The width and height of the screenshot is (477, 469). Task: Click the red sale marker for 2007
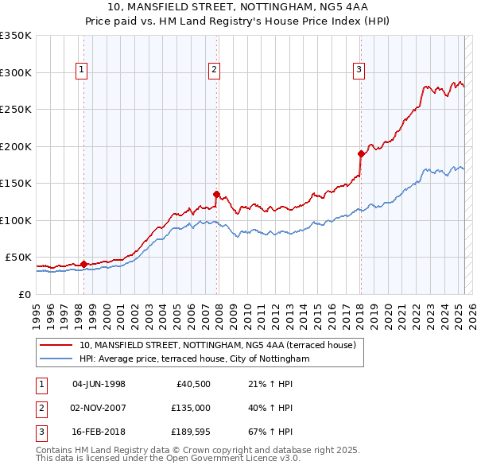click(x=216, y=193)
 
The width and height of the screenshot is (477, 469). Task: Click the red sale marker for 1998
click(x=83, y=264)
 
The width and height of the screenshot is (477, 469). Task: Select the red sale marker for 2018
click(x=361, y=153)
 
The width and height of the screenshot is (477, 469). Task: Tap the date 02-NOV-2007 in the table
click(x=99, y=408)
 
